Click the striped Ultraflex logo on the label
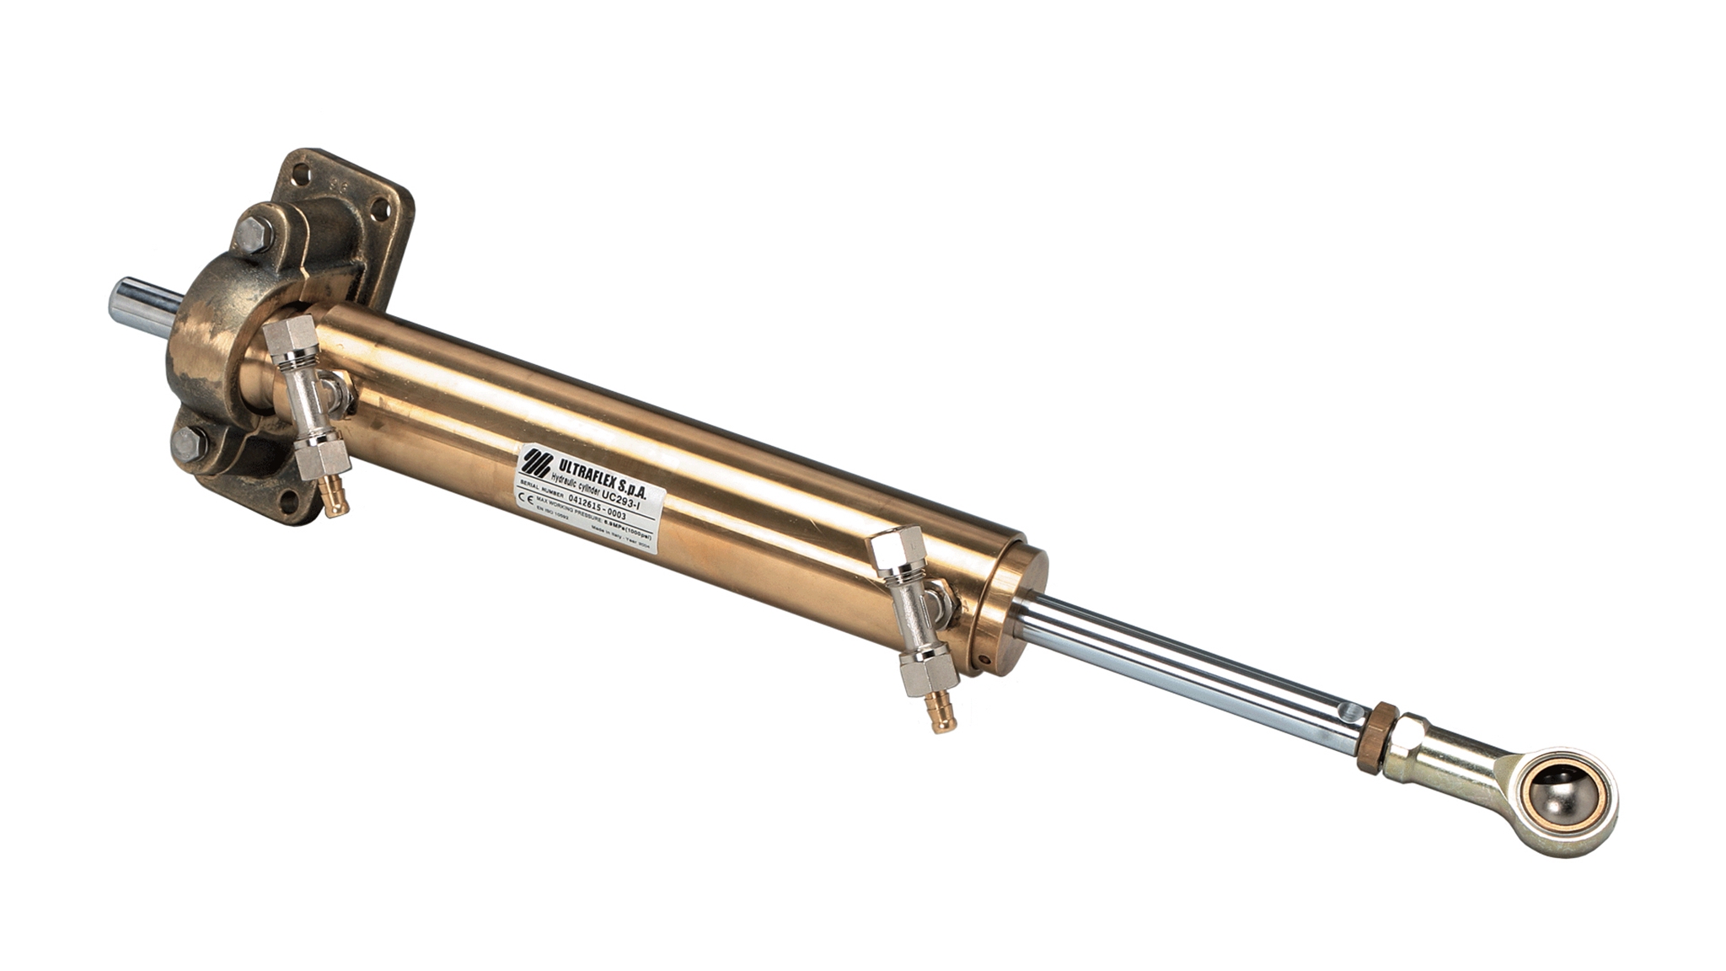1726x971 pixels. click(x=535, y=461)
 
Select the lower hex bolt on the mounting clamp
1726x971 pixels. click(x=189, y=443)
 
